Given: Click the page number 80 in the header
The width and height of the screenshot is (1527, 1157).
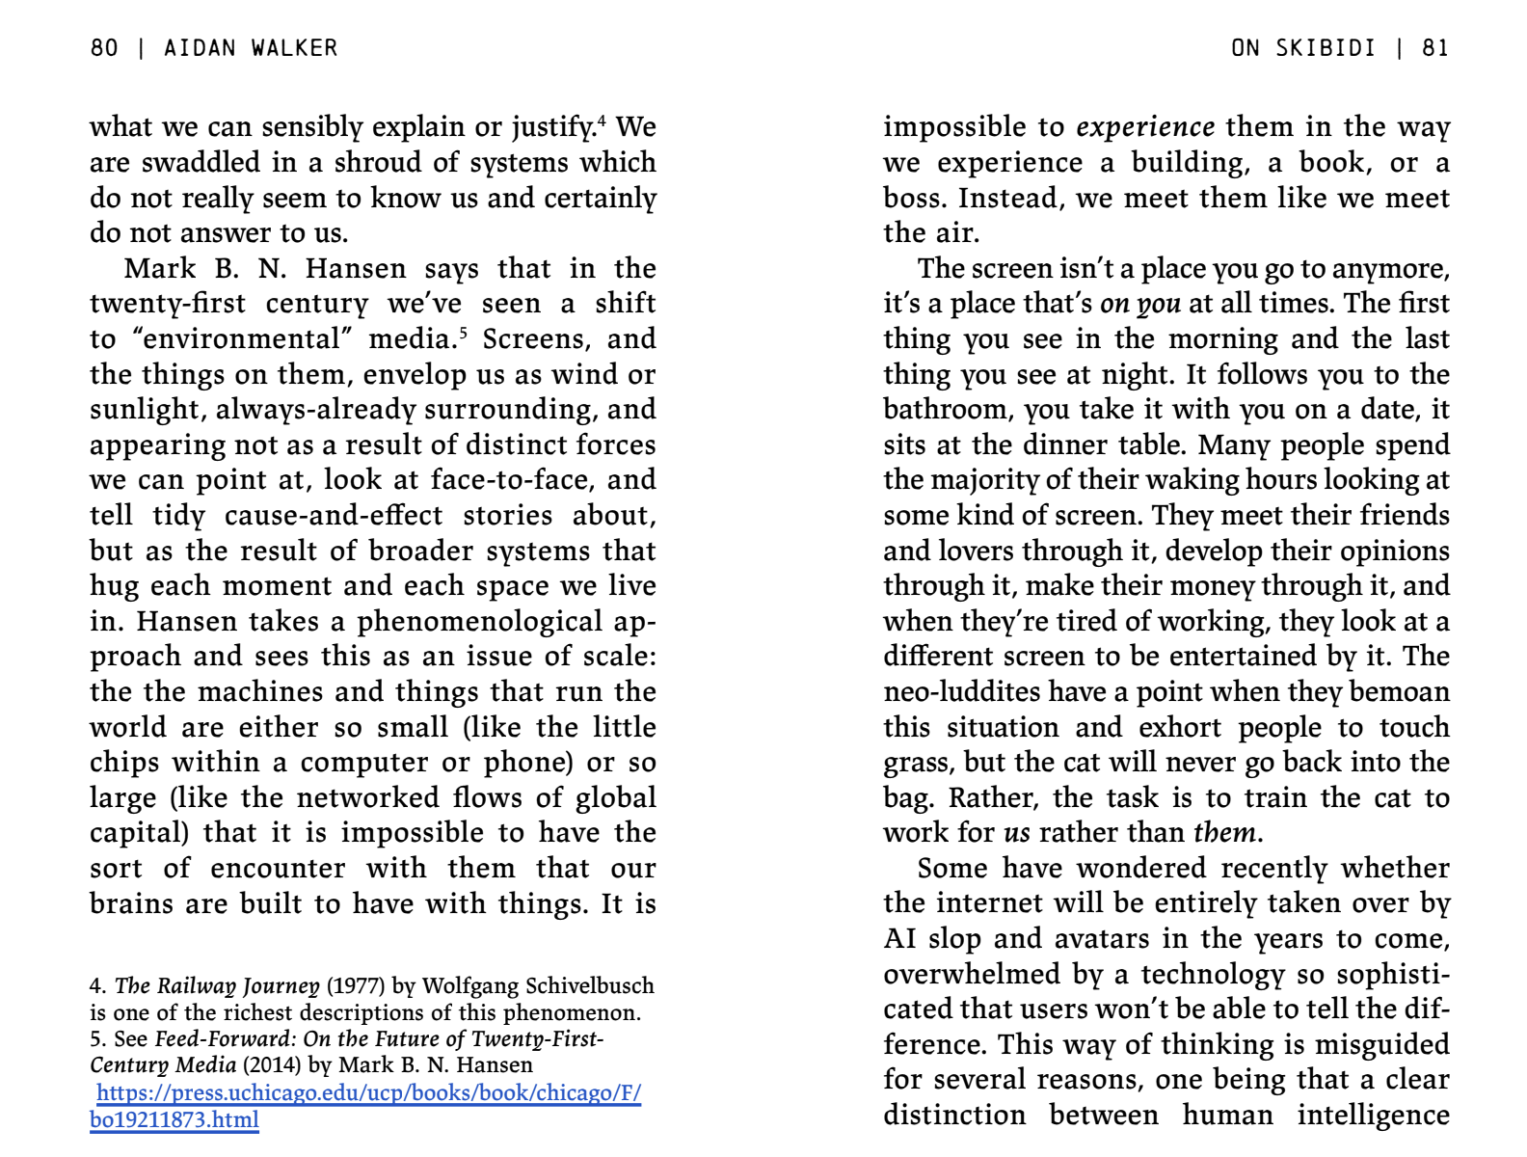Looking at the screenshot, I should [104, 48].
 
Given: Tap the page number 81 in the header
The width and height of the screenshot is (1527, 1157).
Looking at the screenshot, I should [1435, 48].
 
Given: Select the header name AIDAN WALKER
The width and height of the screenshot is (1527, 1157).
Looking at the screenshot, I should [251, 48].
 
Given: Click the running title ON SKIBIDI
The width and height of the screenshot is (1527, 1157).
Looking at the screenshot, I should [1302, 48].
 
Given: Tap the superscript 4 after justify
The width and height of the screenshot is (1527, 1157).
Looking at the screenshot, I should [602, 120].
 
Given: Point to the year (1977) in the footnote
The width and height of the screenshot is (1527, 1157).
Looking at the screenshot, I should [357, 985].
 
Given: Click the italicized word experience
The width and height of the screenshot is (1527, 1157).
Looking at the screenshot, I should [1145, 127].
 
